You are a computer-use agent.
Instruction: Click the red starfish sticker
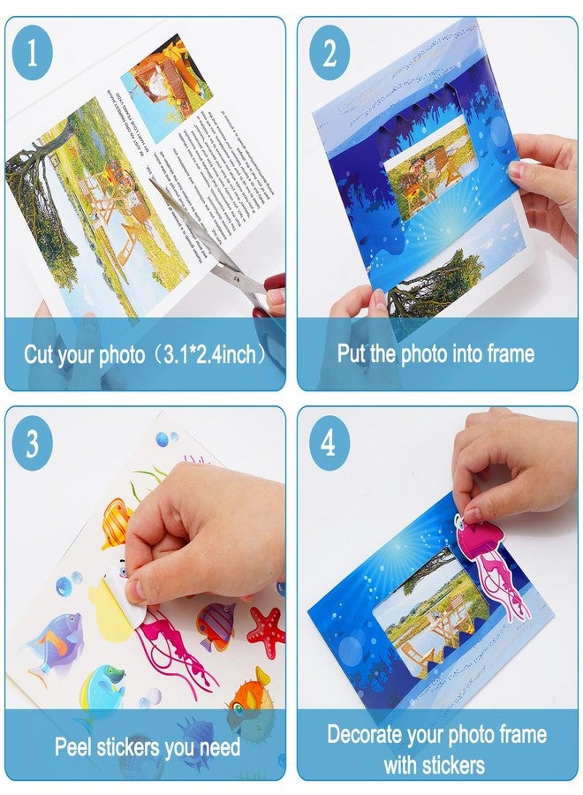pos(265,626)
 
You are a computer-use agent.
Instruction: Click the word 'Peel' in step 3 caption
pos(74,747)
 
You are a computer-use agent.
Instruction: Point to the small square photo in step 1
pos(166,74)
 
